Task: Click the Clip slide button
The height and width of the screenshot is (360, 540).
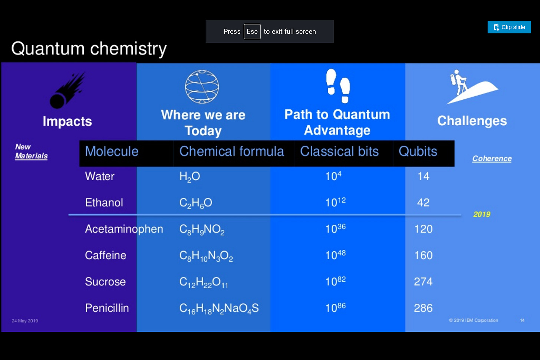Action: pos(509,27)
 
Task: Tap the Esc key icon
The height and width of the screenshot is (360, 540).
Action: pos(252,31)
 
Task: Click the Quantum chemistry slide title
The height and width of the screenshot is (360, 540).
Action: pos(89,49)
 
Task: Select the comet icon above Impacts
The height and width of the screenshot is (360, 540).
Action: pos(67,90)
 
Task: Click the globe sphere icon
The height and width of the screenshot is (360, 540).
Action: pos(202,87)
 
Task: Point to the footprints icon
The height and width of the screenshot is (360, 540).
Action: pos(338,86)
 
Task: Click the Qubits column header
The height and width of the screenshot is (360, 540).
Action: pos(418,151)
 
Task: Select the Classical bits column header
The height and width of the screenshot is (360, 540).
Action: pos(339,151)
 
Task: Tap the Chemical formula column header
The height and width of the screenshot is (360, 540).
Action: pos(232,151)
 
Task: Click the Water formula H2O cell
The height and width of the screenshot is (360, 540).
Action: pos(190,176)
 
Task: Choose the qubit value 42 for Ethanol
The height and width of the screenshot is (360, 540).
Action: pos(423,202)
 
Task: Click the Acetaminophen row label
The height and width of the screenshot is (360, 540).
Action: pos(124,229)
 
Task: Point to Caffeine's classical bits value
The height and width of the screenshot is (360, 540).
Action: pos(335,255)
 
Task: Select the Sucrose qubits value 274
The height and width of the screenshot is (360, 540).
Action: pos(423,281)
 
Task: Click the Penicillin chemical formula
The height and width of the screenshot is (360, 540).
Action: pos(219,308)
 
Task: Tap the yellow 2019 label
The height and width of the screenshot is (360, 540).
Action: pos(482,214)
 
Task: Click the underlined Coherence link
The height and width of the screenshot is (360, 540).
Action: pos(492,159)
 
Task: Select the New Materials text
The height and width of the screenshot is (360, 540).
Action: pos(31,151)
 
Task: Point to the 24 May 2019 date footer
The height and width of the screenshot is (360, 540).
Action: pos(25,321)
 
